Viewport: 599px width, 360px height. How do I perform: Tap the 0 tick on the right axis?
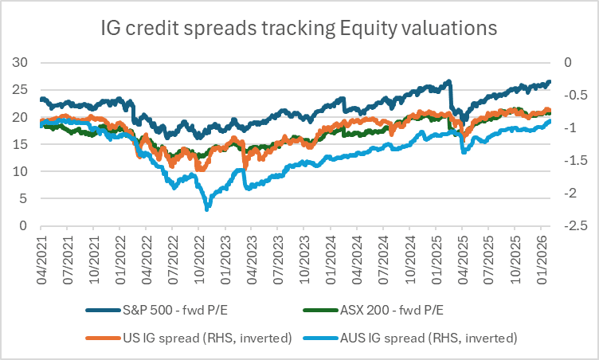tap(566, 62)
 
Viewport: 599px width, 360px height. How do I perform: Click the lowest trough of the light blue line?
tap(207, 209)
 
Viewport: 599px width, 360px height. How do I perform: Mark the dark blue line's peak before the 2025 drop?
tap(449, 81)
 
